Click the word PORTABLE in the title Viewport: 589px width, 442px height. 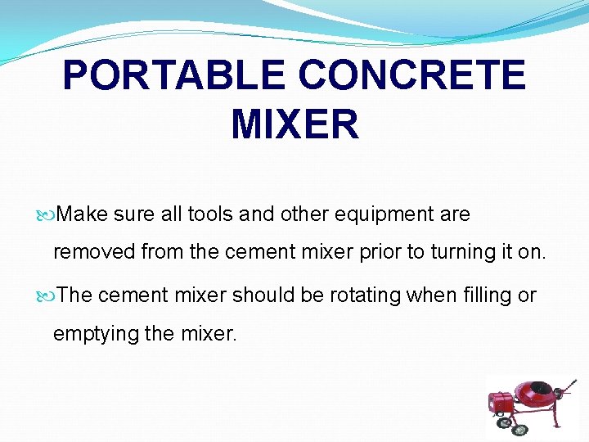pyautogui.click(x=174, y=76)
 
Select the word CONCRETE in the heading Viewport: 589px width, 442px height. pyautogui.click(x=412, y=76)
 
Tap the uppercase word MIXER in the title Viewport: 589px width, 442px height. pyautogui.click(x=294, y=124)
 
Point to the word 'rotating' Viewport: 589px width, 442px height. pyautogui.click(x=367, y=295)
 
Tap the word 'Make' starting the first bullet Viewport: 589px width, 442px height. pyautogui.click(x=83, y=214)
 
